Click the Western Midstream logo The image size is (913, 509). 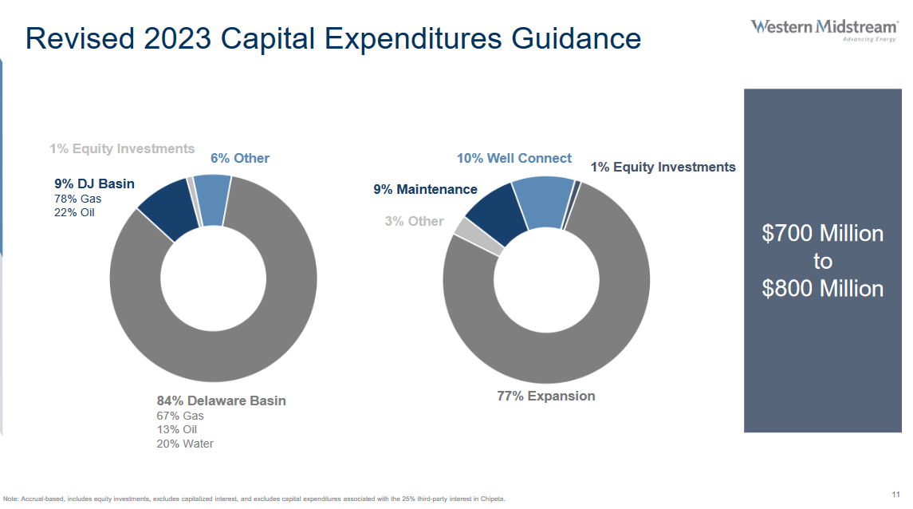(824, 30)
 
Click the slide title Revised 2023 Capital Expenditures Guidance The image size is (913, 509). (333, 38)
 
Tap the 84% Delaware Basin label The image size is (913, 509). (221, 400)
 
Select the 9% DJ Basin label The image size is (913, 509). (94, 183)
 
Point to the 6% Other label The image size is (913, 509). (239, 158)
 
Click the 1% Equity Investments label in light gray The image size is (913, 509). (122, 148)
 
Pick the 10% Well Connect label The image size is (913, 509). (514, 158)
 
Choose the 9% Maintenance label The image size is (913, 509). (425, 189)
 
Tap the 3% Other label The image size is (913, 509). (414, 221)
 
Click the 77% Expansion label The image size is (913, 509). (545, 396)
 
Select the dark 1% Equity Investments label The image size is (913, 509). (663, 167)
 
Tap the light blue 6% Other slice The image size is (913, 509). (211, 199)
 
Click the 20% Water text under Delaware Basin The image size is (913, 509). (185, 444)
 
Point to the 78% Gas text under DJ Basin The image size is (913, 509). (77, 198)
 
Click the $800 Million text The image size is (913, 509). (822, 288)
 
